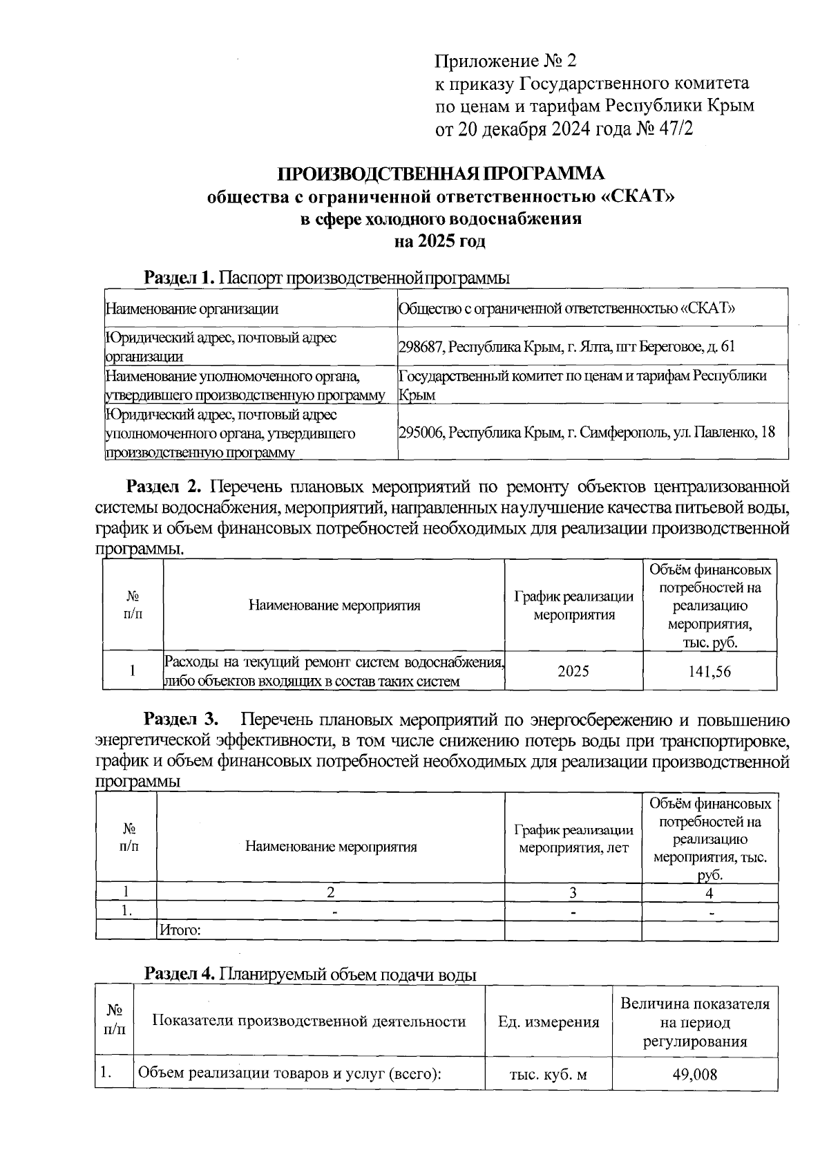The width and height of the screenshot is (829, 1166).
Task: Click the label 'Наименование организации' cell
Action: pyautogui.click(x=191, y=309)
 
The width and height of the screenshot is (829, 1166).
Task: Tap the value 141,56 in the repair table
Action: pyautogui.click(x=709, y=671)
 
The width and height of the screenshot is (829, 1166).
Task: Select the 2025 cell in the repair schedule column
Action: pyautogui.click(x=573, y=671)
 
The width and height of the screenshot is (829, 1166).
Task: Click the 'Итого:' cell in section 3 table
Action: pyautogui.click(x=180, y=930)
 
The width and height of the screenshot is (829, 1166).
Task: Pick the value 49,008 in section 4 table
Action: pyautogui.click(x=694, y=1075)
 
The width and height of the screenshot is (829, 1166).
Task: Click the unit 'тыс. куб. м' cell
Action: pyautogui.click(x=549, y=1075)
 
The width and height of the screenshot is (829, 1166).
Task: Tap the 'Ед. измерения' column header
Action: pyautogui.click(x=549, y=1022)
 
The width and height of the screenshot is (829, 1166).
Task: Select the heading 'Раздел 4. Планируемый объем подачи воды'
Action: pyautogui.click(x=310, y=975)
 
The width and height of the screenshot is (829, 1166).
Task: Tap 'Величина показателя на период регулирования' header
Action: pyautogui.click(x=694, y=1022)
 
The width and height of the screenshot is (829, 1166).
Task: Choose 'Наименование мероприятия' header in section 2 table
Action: pyautogui.click(x=334, y=606)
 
